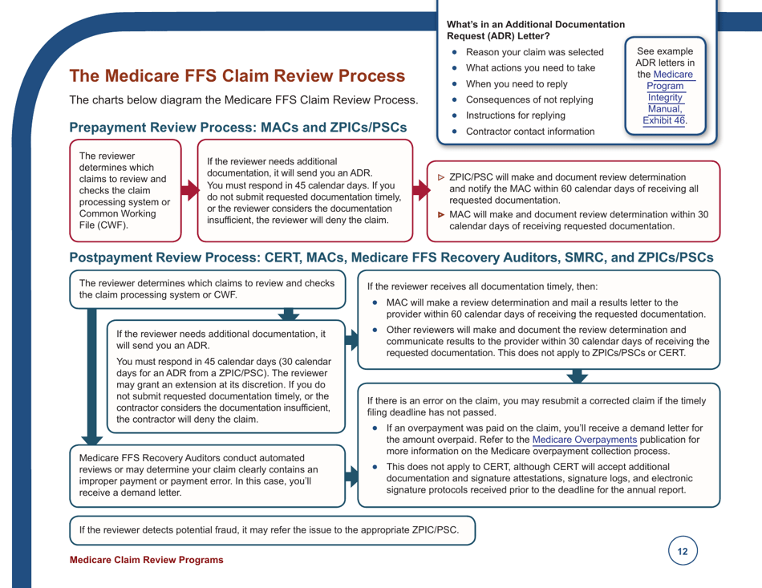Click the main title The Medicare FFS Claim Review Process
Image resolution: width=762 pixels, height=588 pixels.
pos(237,77)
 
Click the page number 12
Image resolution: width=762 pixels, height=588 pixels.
pos(682,552)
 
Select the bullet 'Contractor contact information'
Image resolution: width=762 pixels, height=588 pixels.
pos(530,131)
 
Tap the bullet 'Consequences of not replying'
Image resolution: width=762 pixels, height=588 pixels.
pos(529,99)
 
